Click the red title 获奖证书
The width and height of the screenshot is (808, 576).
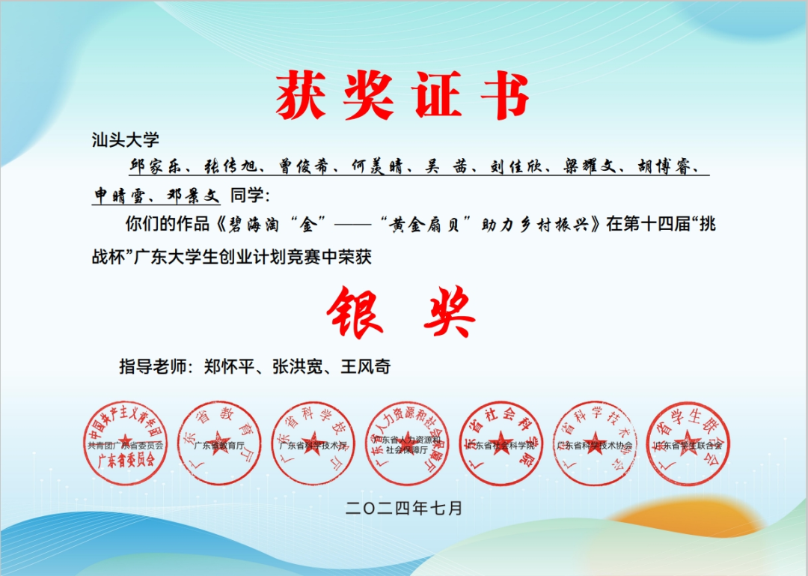403,97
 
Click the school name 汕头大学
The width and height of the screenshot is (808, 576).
125,139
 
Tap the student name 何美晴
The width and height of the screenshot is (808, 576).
379,166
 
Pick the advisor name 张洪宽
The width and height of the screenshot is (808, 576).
293,367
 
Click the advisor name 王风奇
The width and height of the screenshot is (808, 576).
366,367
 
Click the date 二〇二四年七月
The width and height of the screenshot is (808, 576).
404,508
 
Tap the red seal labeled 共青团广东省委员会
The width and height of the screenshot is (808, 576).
125,443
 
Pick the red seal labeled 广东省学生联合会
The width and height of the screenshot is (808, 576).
687,443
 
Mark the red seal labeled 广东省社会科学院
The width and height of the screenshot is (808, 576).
501,443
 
